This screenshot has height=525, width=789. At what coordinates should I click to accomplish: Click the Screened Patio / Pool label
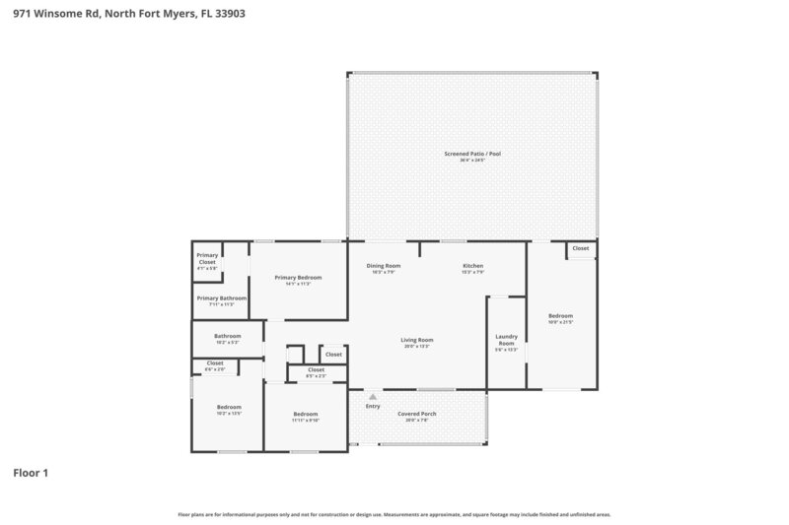point(472,154)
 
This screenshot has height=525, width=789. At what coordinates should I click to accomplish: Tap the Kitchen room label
point(472,266)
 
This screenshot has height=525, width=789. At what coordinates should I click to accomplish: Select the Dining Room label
point(383,266)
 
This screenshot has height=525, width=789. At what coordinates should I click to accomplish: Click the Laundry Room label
point(506,340)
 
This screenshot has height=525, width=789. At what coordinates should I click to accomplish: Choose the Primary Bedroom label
point(298,278)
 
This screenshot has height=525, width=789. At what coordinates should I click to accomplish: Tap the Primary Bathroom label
point(221,298)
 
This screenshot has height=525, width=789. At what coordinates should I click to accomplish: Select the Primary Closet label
point(207,258)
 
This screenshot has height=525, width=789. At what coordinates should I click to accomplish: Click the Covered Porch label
point(416,414)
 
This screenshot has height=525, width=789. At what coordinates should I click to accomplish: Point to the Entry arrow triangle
point(373,397)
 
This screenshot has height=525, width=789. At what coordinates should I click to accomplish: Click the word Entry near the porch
point(373,406)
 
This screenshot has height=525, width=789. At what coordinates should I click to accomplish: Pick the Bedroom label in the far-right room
point(560,316)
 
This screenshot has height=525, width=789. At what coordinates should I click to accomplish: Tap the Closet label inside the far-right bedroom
point(581,248)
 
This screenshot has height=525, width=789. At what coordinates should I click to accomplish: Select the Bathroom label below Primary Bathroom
point(227,336)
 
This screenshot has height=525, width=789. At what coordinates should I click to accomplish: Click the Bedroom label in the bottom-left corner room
point(228,407)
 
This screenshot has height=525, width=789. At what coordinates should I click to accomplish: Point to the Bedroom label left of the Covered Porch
point(305,414)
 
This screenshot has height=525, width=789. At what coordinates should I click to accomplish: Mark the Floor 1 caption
point(31,473)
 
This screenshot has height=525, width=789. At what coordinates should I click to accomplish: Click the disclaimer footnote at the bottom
point(394,514)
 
